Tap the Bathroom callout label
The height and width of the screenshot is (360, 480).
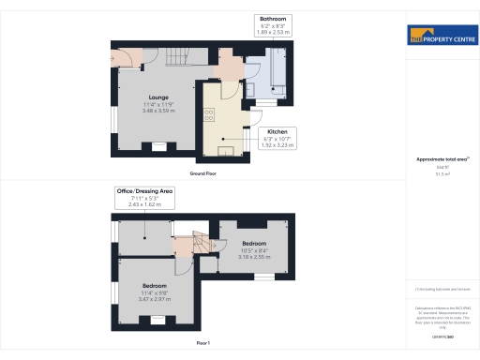[274, 18]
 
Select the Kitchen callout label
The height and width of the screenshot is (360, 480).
[277, 131]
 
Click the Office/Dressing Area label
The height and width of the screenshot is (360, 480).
[144, 190]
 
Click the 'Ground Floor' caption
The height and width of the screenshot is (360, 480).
[203, 174]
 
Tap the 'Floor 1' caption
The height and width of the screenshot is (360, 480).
[202, 344]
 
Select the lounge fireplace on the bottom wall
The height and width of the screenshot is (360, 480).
[157, 145]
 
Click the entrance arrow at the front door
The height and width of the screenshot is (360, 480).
[113, 65]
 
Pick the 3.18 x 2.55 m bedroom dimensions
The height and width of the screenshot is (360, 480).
[251, 256]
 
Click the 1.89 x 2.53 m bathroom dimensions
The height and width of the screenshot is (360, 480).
[274, 31]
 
